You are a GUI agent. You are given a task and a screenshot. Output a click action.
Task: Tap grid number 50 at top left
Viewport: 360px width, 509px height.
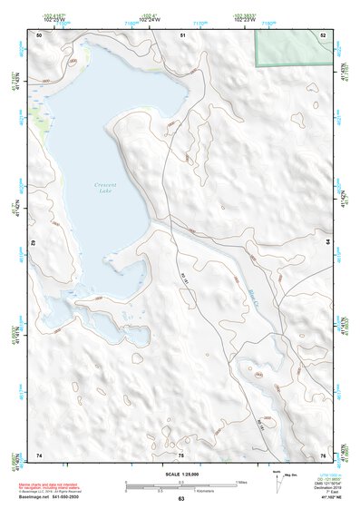click(x=39, y=35)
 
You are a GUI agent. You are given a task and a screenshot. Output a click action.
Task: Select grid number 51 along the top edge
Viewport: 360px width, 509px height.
click(x=183, y=35)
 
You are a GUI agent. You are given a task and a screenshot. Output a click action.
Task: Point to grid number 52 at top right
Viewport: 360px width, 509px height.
click(x=323, y=35)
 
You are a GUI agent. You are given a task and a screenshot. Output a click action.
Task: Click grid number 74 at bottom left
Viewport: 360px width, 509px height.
click(x=39, y=455)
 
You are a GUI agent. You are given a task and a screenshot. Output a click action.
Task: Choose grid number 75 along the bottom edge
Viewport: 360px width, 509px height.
click(x=181, y=455)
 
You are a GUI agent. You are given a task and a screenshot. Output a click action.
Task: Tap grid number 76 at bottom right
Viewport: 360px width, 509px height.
click(x=323, y=455)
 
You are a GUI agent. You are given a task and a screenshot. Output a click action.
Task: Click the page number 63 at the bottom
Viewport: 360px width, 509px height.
click(x=180, y=499)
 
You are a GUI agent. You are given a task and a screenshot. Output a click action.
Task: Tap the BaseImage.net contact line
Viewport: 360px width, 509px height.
click(x=54, y=498)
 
